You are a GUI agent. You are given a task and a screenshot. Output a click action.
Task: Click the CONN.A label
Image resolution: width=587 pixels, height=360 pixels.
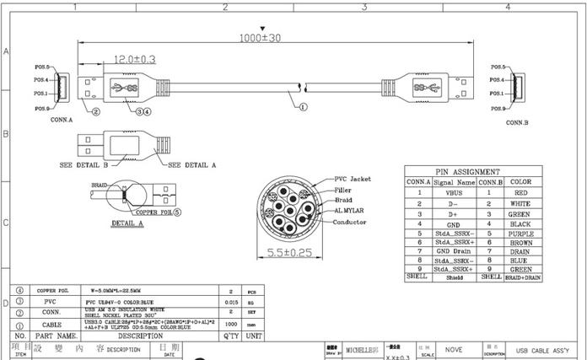pyautogui.click(x=62, y=121)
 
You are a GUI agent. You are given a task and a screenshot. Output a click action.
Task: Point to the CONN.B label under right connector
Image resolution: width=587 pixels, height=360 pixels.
pyautogui.click(x=517, y=122)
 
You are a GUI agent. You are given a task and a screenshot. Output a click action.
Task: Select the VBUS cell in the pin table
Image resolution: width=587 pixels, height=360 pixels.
pyautogui.click(x=455, y=192)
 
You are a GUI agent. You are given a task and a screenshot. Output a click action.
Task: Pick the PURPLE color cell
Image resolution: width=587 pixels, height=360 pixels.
pyautogui.click(x=520, y=233)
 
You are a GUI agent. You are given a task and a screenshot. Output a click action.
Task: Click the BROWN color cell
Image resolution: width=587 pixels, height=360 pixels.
pyautogui.click(x=520, y=242)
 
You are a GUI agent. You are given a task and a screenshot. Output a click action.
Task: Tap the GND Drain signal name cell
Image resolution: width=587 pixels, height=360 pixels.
pyautogui.click(x=455, y=251)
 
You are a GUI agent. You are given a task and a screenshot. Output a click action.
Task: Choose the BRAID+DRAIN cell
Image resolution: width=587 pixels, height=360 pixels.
pyautogui.click(x=520, y=277)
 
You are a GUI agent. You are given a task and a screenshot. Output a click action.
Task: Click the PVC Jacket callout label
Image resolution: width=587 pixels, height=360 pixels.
pyautogui.click(x=353, y=179)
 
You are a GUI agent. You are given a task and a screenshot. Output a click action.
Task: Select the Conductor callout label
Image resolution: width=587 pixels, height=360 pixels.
pyautogui.click(x=350, y=222)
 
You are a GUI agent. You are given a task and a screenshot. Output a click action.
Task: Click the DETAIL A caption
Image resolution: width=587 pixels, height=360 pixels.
pyautogui.click(x=128, y=224)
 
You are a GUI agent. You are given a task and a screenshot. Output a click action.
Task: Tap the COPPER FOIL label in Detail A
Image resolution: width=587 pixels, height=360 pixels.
pyautogui.click(x=153, y=212)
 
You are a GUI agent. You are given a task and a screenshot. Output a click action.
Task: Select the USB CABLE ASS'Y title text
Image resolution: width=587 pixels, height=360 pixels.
pyautogui.click(x=547, y=350)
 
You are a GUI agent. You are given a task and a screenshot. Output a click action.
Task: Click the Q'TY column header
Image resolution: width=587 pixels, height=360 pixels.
pyautogui.click(x=229, y=335)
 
